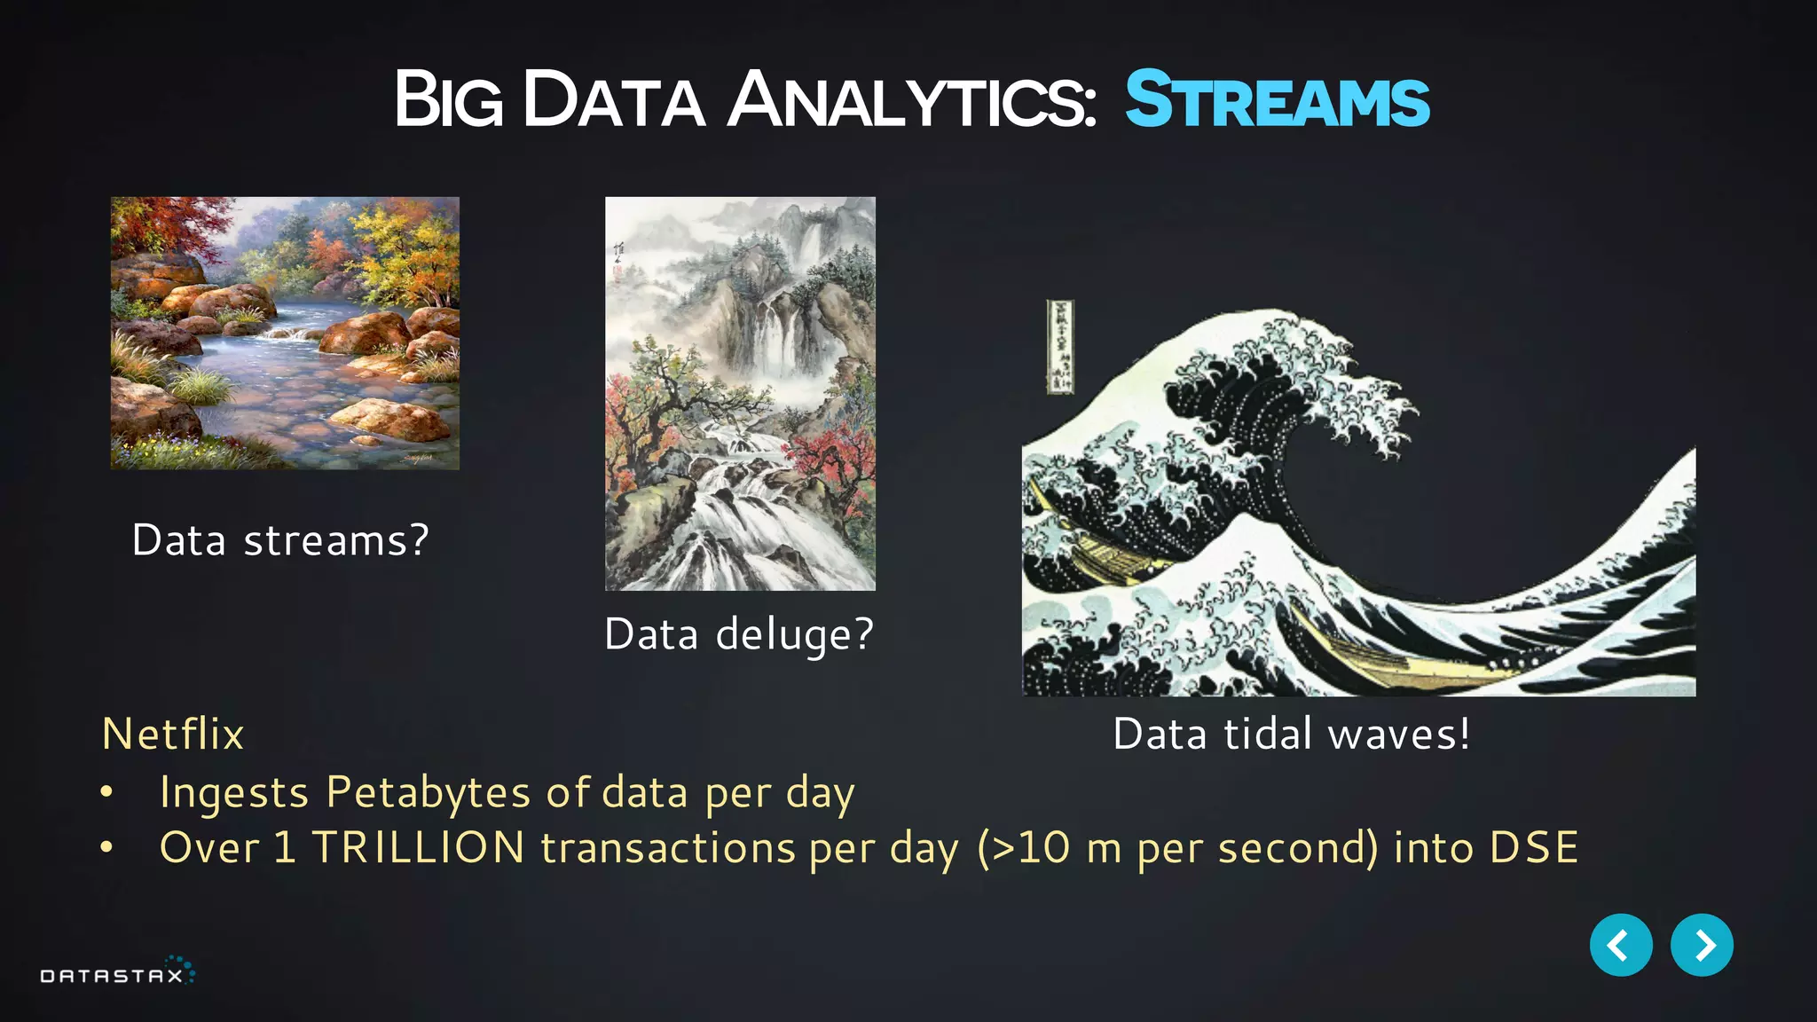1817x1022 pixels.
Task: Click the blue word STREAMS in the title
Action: (1277, 99)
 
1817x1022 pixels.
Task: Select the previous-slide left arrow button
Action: (1620, 945)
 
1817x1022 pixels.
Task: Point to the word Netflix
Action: (173, 735)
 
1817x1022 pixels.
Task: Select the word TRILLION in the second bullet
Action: (418, 847)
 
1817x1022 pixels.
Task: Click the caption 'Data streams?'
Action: (280, 540)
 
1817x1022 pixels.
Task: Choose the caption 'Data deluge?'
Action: (739, 634)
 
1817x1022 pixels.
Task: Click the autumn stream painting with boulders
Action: (285, 333)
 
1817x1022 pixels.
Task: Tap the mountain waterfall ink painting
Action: (740, 393)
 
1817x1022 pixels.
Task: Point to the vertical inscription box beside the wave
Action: (1059, 347)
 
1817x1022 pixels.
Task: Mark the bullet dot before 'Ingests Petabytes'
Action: (106, 792)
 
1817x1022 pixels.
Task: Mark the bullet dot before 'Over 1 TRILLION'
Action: (106, 848)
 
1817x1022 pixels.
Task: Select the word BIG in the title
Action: (448, 99)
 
